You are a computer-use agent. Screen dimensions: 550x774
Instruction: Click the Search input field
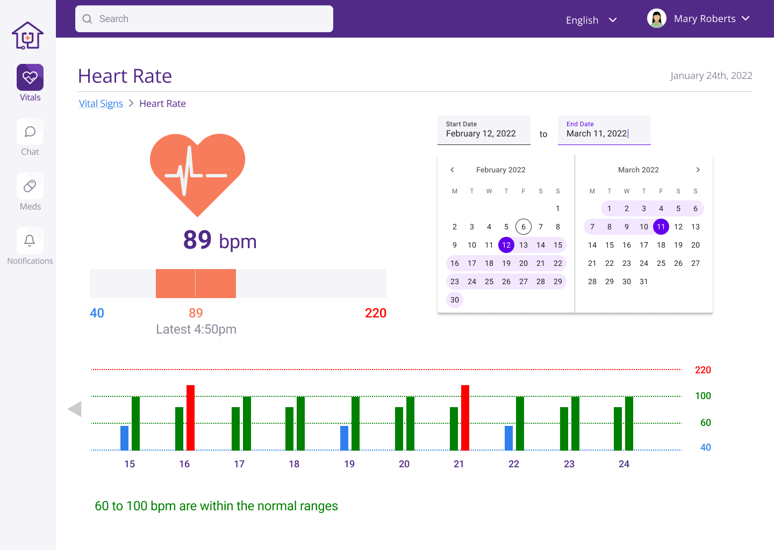click(x=204, y=19)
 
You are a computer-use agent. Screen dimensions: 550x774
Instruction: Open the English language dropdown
click(x=591, y=20)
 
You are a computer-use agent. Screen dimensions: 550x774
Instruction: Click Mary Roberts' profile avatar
click(x=656, y=18)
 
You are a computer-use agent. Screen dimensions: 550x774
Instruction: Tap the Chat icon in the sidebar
click(x=30, y=132)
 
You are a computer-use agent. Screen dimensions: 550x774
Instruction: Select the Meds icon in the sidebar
click(x=30, y=186)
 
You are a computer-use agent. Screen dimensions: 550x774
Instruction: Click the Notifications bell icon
click(x=30, y=241)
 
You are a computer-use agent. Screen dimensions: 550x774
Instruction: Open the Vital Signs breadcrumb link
click(x=101, y=104)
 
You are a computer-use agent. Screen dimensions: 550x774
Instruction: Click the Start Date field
click(x=484, y=130)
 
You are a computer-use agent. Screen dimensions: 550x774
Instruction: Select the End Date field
click(x=604, y=130)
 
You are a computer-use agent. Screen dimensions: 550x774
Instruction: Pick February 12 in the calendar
click(x=506, y=245)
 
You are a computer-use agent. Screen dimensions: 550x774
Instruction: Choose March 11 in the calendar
click(x=661, y=227)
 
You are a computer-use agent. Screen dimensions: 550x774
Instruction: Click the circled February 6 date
click(x=524, y=227)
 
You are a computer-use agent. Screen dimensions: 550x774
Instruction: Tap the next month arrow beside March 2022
click(x=698, y=170)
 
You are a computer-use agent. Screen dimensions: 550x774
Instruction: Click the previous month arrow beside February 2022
click(x=453, y=170)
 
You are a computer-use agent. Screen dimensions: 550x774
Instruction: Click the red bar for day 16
click(x=190, y=417)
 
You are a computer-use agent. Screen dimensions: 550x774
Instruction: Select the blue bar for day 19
click(x=344, y=438)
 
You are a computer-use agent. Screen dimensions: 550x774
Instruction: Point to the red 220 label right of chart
click(x=703, y=370)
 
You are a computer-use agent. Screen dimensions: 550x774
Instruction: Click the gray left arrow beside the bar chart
click(x=75, y=409)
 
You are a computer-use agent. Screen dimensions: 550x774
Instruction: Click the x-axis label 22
click(x=514, y=464)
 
